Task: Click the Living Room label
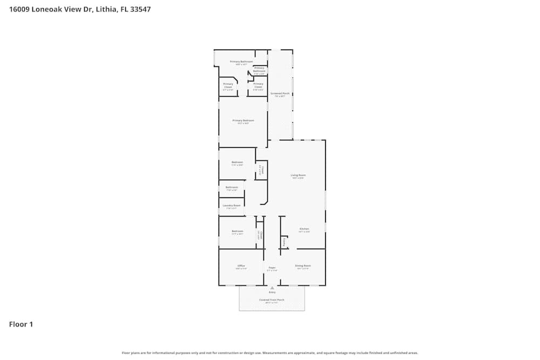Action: pos(298,175)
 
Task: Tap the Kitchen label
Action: pos(304,229)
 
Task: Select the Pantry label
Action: pos(284,242)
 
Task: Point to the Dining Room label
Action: pos(303,266)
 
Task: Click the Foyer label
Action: pos(272,267)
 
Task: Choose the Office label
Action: pos(241,266)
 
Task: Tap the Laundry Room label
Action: pos(232,206)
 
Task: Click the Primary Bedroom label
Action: pos(243,120)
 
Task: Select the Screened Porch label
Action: pos(280,93)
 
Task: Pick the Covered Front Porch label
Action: pos(272,300)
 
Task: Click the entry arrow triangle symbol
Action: pos(272,288)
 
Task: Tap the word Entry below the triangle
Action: pos(272,293)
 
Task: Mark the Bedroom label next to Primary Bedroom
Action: pos(237,162)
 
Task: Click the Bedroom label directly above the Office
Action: pos(237,231)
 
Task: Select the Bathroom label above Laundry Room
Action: pos(232,187)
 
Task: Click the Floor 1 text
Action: pos(21,324)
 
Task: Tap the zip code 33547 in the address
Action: pos(139,9)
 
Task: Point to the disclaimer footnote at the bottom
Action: pos(270,353)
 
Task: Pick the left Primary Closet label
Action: pos(228,85)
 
